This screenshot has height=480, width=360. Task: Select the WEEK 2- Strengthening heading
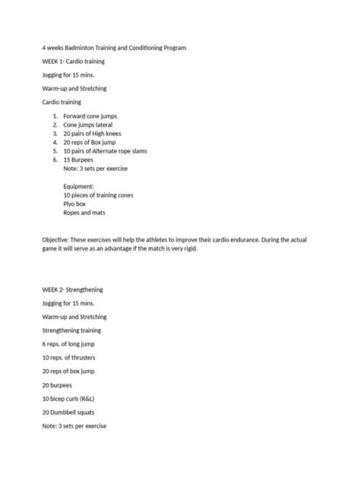point(73,289)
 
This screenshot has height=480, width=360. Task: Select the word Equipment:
point(79,186)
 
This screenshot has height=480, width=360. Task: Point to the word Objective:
point(58,240)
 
